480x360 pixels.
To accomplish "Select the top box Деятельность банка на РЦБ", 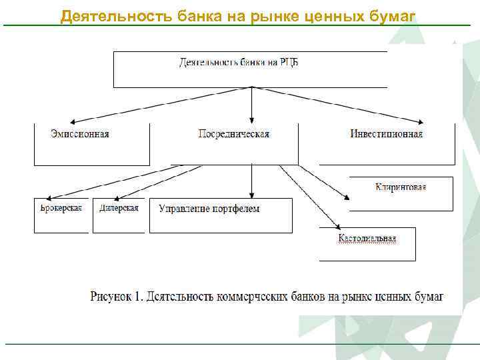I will (x=250, y=69).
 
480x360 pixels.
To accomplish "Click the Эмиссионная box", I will (x=80, y=144).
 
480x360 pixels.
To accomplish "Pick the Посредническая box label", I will (x=234, y=134).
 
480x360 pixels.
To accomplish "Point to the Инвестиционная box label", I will (x=387, y=134).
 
